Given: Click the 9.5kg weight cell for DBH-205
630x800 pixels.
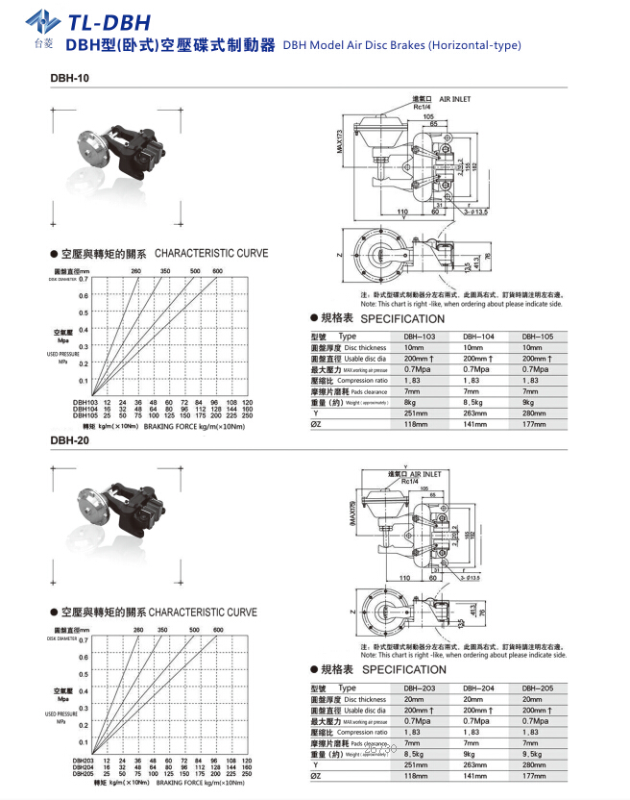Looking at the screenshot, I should pyautogui.click(x=535, y=755).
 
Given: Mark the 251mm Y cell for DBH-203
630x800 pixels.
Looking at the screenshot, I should pyautogui.click(x=416, y=765).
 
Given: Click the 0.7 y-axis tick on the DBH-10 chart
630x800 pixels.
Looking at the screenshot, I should pyautogui.click(x=83, y=279).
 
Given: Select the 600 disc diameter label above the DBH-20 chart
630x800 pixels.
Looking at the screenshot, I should pyautogui.click(x=217, y=630).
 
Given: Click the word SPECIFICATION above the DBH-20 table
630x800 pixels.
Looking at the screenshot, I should pyautogui.click(x=402, y=670).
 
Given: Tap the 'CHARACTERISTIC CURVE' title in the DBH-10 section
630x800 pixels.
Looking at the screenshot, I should pyautogui.click(x=211, y=254).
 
